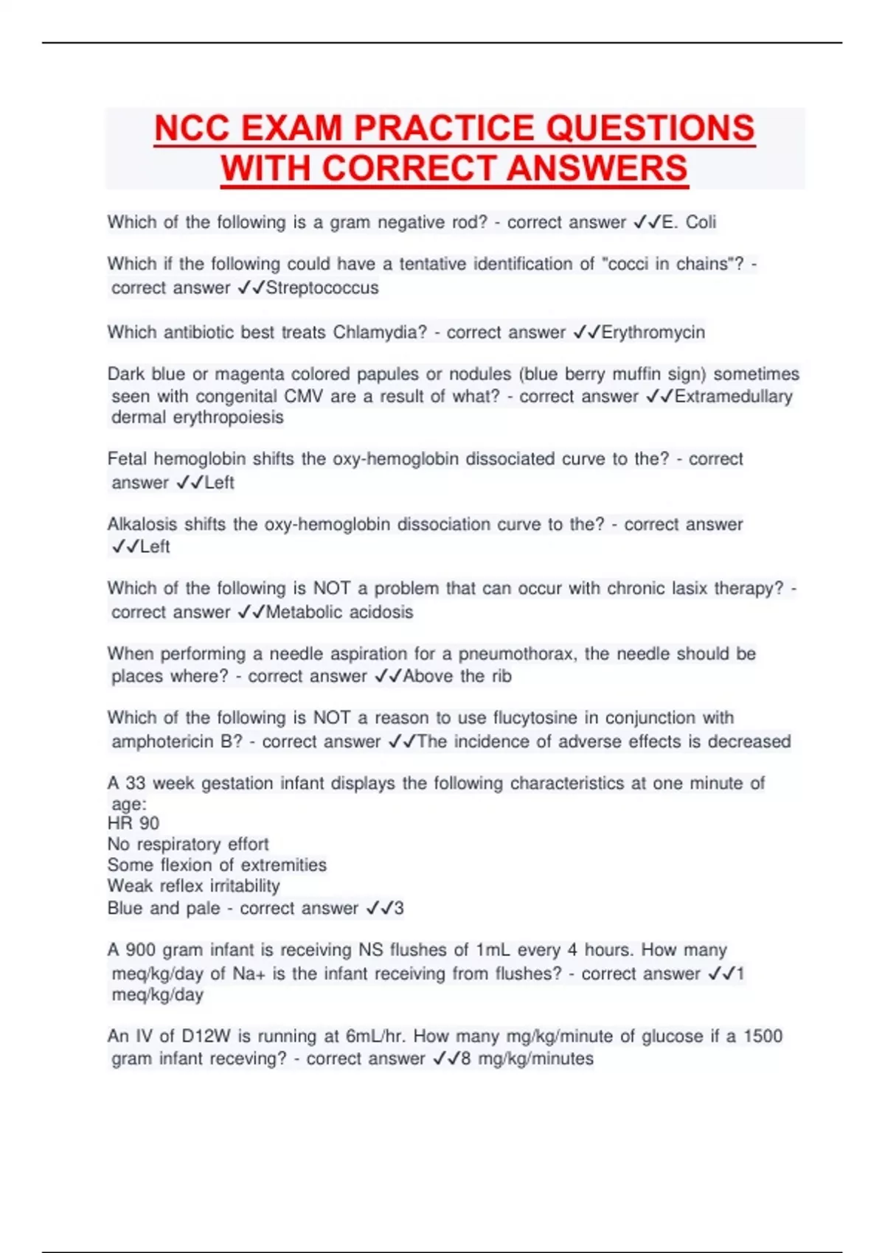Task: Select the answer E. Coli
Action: coord(689,222)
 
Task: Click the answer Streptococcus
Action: coord(322,287)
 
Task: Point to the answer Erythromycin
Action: coord(653,332)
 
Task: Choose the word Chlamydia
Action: coord(380,332)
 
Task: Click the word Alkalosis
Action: coord(143,524)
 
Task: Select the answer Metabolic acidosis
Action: coord(339,612)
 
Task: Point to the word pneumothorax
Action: coord(520,654)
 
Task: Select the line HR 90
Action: coord(133,823)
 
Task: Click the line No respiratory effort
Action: coord(188,844)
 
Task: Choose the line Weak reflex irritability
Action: coord(193,886)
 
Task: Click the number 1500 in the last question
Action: coord(763,1036)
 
